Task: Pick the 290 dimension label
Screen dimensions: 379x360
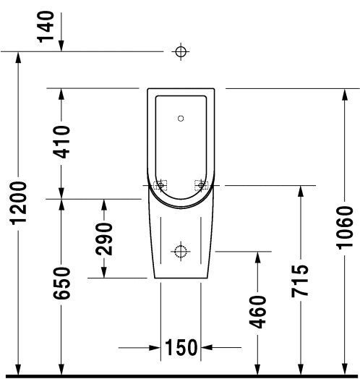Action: pos(105,238)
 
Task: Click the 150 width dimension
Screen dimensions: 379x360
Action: pos(180,348)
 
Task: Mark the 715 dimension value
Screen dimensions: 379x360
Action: pos(301,281)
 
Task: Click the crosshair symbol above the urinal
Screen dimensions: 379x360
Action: pos(181,51)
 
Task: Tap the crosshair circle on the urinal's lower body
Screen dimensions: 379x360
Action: pos(181,251)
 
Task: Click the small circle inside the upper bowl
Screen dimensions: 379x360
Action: pos(181,116)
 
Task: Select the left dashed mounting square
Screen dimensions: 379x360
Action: pos(160,185)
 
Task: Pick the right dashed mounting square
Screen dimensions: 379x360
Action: pos(201,185)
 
